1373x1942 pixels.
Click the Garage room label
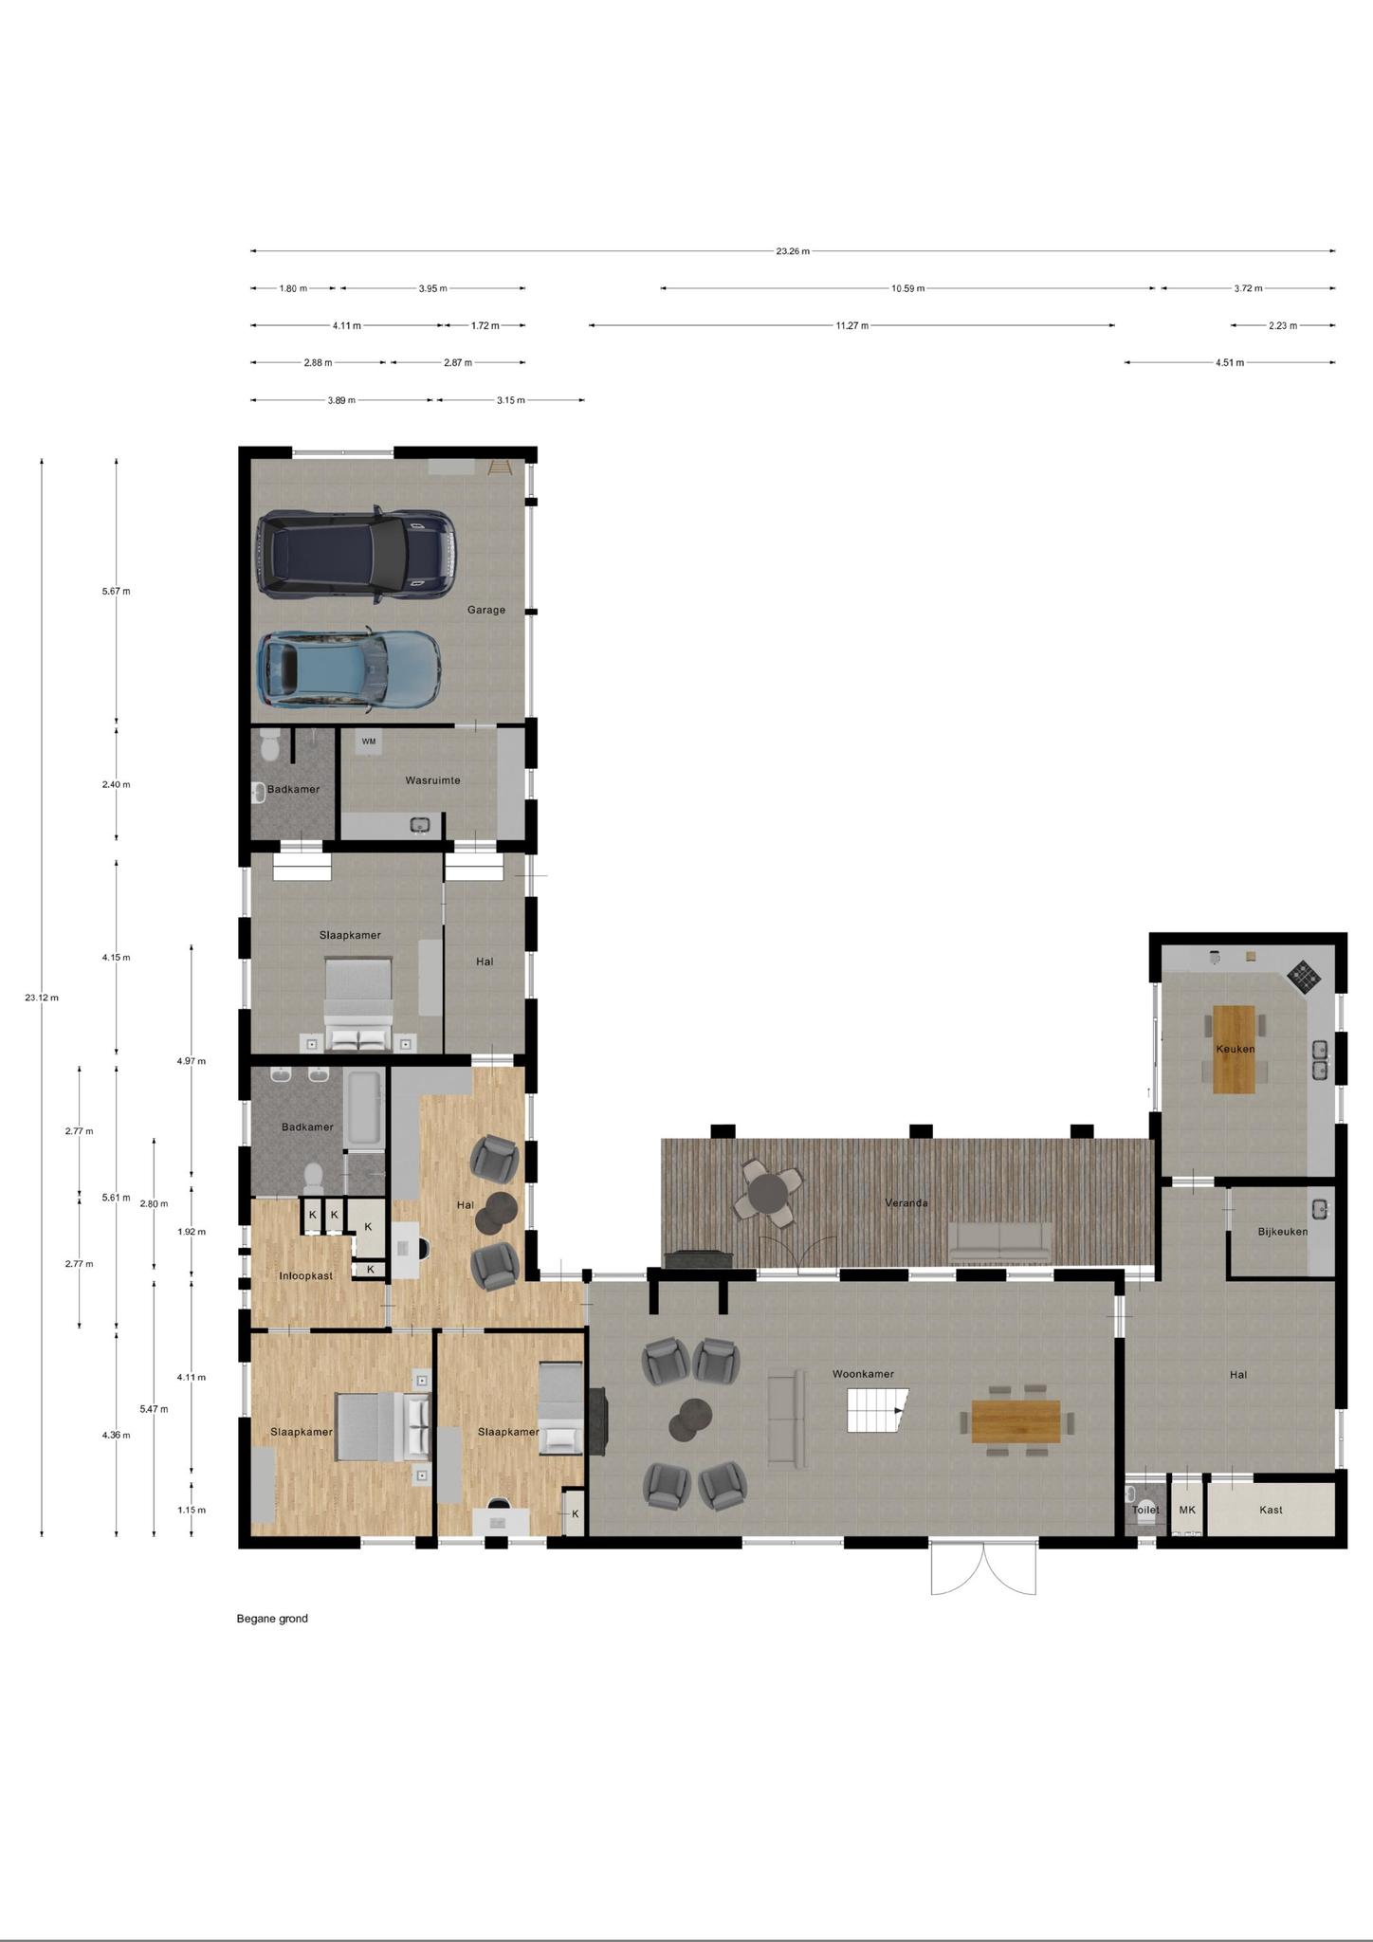coord(485,610)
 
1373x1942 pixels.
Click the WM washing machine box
coord(369,742)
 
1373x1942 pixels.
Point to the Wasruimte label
coord(432,780)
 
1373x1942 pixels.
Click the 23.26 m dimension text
coord(793,251)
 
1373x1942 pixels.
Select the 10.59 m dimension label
coord(907,288)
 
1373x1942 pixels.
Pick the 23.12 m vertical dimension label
coord(42,998)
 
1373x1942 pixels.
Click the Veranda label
coord(906,1202)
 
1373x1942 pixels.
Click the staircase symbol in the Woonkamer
coord(877,1410)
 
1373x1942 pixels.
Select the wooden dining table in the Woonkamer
coord(1016,1421)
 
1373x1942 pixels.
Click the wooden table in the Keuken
coord(1234,1050)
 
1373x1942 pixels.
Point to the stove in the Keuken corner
coord(1303,977)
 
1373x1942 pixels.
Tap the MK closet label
coord(1187,1510)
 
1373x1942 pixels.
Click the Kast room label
coord(1271,1510)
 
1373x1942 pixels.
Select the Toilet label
coord(1145,1510)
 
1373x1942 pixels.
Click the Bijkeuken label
coord(1283,1232)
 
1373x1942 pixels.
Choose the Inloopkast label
coord(305,1276)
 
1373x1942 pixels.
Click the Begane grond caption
coord(272,1619)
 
